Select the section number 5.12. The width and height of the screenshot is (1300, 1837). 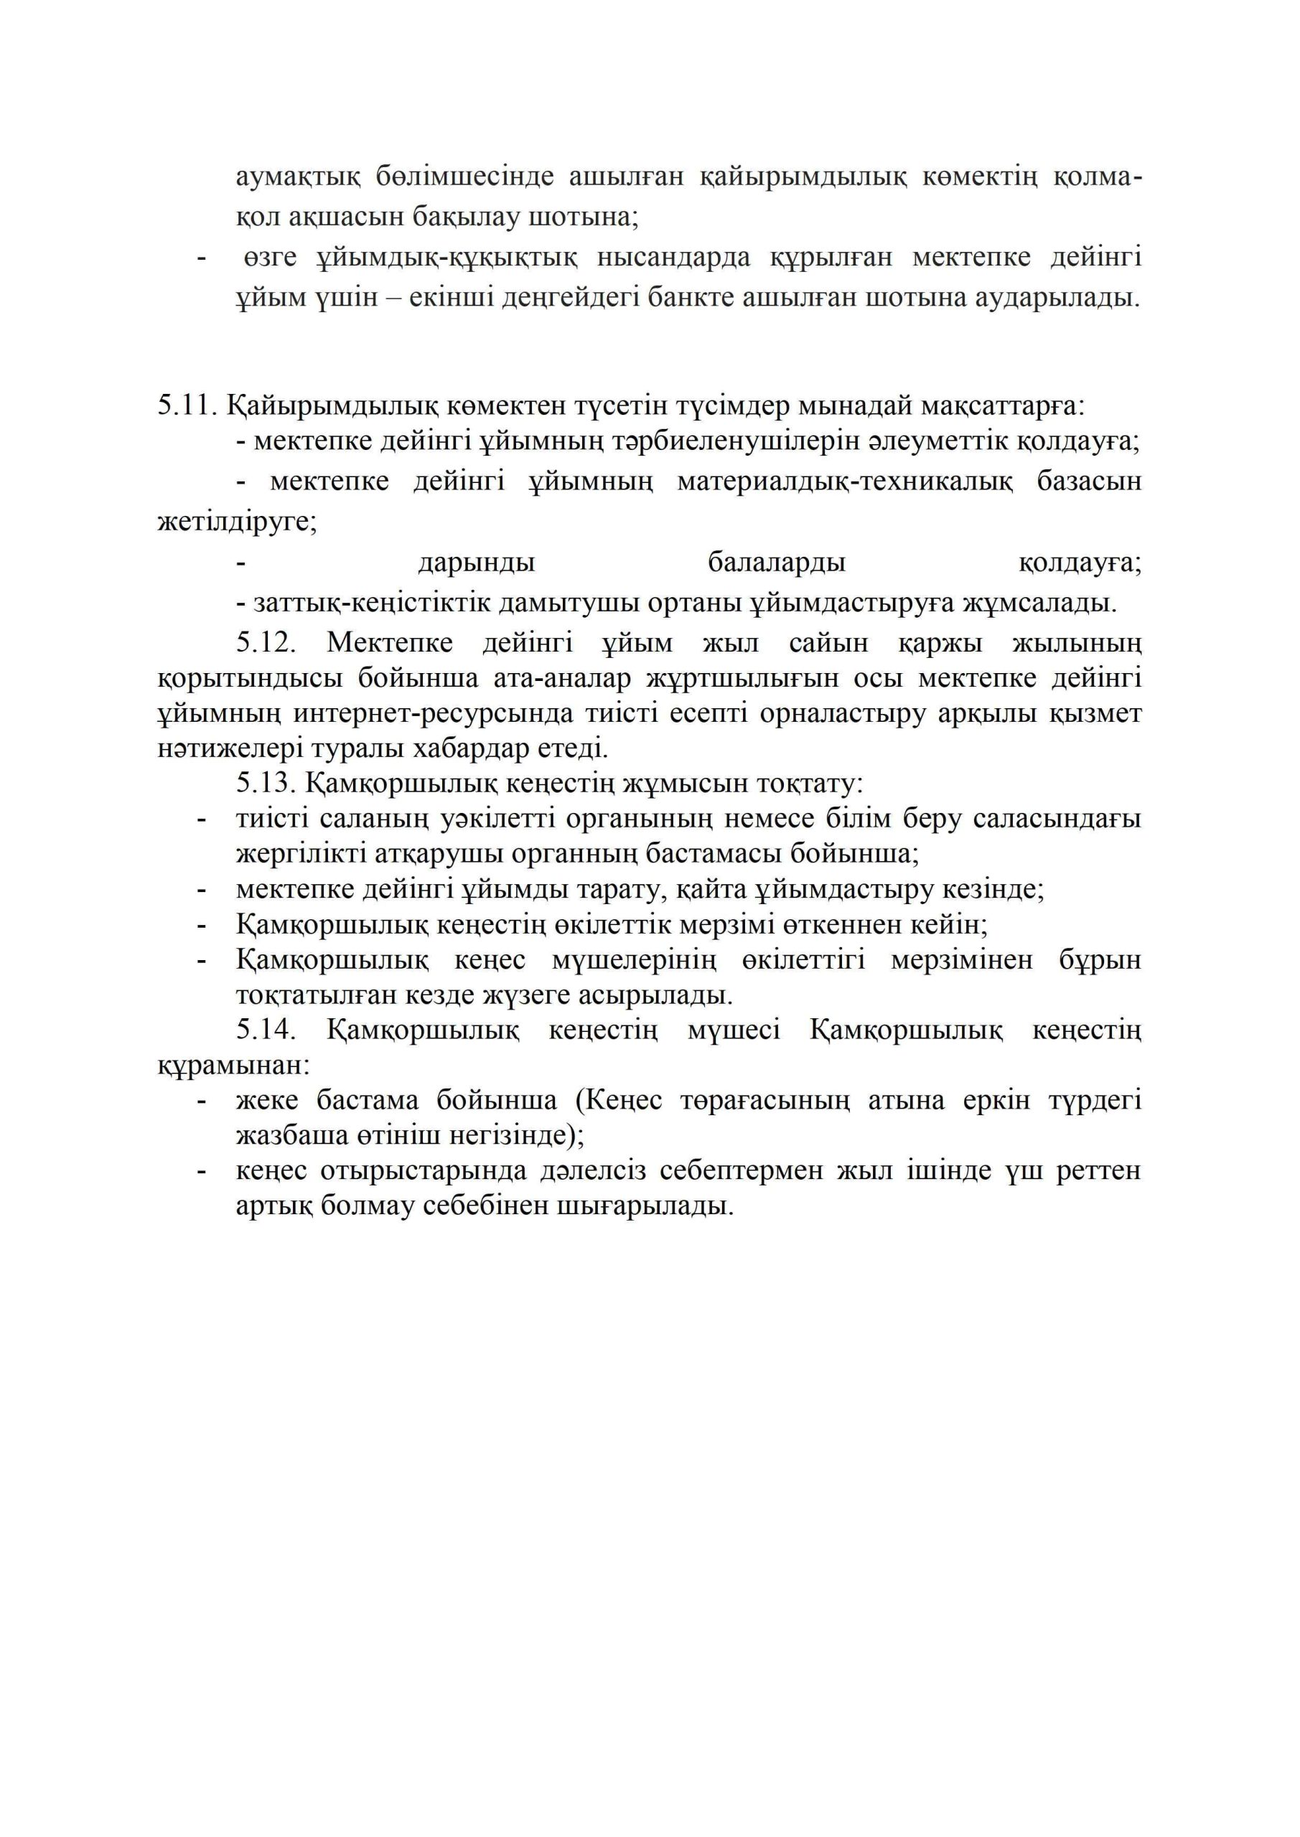click(x=266, y=642)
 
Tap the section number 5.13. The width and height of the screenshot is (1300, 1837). click(x=266, y=782)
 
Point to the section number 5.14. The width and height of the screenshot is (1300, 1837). click(x=266, y=1030)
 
